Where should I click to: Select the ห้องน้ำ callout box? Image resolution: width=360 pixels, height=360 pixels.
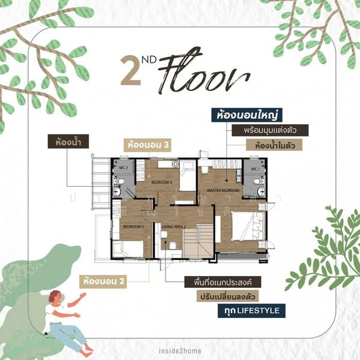[x=68, y=143]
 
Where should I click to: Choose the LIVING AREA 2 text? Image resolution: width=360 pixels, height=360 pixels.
[x=175, y=226]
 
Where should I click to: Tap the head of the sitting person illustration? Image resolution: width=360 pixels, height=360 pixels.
[x=55, y=296]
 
